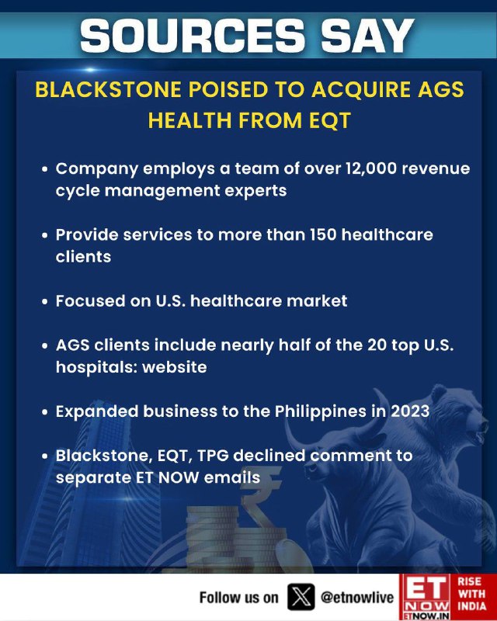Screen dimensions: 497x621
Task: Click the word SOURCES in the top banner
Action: click(193, 36)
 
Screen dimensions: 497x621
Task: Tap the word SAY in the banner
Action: click(367, 36)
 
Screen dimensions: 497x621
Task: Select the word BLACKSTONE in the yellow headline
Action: click(108, 89)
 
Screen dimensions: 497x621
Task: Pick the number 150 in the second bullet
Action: click(322, 234)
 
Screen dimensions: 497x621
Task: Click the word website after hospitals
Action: click(175, 366)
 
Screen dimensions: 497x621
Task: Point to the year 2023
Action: click(410, 411)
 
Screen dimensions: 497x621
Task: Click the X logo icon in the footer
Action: click(301, 597)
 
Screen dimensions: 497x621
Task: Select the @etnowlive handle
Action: click(357, 597)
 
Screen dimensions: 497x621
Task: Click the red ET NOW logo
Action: click(425, 597)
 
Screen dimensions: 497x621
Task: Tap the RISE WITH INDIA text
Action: click(472, 594)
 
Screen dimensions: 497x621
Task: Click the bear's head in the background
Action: click(460, 418)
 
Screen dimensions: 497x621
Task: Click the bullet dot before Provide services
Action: click(45, 235)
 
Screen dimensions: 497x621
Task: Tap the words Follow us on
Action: click(239, 597)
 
